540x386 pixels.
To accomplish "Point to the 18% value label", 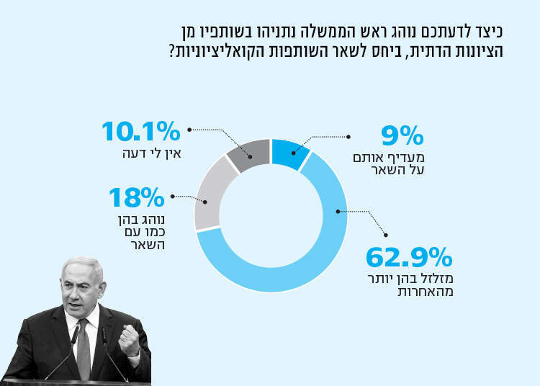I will coord(137,197).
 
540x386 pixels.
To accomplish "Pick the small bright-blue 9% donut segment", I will coord(289,153).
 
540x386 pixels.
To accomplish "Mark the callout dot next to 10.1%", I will coord(189,130).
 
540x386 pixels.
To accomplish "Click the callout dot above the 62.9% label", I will coord(387,234).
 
